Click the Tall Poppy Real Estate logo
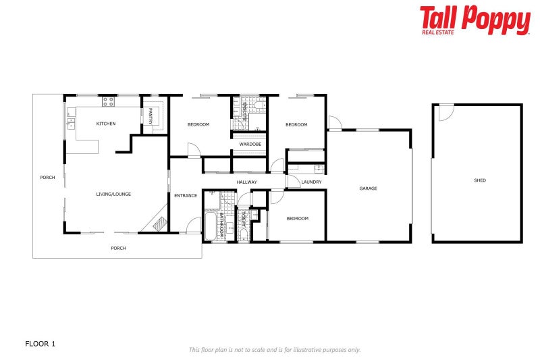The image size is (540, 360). coord(475,20)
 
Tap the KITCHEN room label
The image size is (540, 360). coord(106,124)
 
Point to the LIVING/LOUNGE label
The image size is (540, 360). coord(113,195)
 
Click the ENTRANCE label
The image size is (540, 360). coord(186,196)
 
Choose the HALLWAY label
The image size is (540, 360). coord(246,182)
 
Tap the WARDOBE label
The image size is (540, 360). coord(250,144)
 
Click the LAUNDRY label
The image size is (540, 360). coord(311,182)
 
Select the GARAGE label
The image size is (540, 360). coord(368,188)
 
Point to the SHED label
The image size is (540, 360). coord(480,180)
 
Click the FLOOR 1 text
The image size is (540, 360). coord(40,344)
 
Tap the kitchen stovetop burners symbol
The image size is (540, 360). coord(108,102)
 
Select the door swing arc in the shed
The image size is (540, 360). coord(446,113)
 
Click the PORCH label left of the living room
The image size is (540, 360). coord(47,178)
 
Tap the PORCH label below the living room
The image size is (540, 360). coord(118,248)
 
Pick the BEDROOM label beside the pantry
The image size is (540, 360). coord(198,124)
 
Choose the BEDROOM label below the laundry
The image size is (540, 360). coord(297,218)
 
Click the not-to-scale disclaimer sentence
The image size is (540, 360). coord(274,350)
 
